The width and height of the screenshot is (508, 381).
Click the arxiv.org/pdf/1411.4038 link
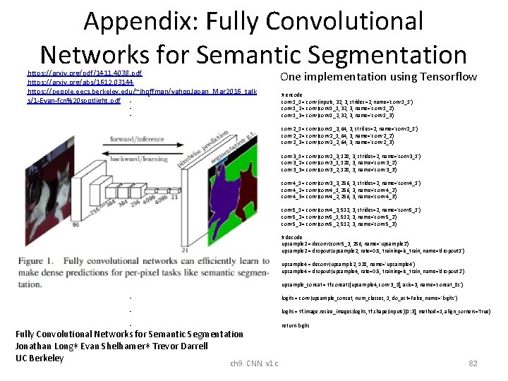(84, 73)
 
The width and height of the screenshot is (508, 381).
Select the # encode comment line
(291, 95)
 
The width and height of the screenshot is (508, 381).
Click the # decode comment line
(292, 237)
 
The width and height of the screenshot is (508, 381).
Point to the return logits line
(296, 325)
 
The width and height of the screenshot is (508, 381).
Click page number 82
(473, 363)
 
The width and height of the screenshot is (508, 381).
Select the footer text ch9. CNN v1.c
(254, 363)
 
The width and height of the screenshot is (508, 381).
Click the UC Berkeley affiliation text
(40, 358)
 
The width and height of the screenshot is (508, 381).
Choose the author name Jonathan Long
(49, 346)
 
